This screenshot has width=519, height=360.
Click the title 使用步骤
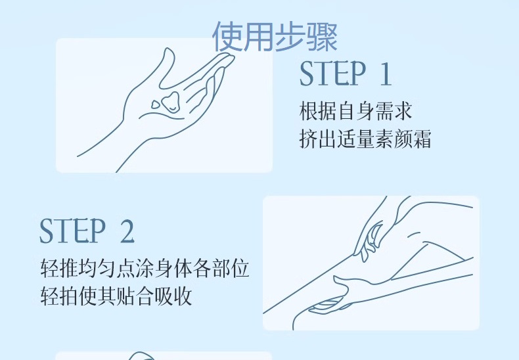[275, 36]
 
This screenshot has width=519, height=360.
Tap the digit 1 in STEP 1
[385, 74]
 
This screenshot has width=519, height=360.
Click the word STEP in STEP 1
[332, 74]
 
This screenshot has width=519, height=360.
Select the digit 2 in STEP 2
[127, 231]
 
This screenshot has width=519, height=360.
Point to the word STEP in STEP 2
[72, 231]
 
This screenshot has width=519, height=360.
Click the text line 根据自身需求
[355, 111]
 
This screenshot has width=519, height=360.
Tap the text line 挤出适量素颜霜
[365, 139]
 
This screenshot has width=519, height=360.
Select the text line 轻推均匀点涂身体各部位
[145, 268]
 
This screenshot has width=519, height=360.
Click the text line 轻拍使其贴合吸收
[116, 296]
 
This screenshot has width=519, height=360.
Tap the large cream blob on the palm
[171, 103]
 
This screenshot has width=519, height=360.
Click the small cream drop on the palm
[156, 105]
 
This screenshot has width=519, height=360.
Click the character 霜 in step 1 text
[422, 139]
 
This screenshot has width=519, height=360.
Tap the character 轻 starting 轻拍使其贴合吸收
[50, 296]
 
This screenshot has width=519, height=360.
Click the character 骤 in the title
[322, 36]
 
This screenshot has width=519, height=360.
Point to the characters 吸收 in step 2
[173, 296]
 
